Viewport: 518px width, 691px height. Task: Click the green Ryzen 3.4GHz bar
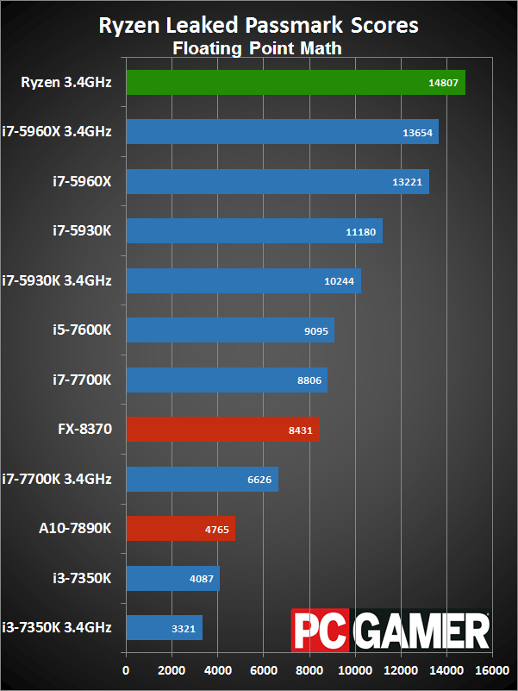(x=296, y=83)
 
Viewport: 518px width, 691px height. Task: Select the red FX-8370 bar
(x=222, y=429)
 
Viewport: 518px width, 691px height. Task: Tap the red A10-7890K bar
(x=180, y=528)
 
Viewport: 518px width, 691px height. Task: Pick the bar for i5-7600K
(x=229, y=330)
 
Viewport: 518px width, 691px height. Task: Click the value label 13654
(x=419, y=133)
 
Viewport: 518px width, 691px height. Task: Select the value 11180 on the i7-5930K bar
(x=363, y=231)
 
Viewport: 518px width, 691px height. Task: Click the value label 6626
(x=259, y=479)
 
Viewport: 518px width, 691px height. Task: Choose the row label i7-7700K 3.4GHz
(x=57, y=478)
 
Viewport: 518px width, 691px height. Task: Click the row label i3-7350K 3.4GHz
(x=57, y=626)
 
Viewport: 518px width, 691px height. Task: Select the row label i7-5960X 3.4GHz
(x=57, y=132)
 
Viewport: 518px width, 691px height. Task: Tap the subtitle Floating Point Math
(x=258, y=48)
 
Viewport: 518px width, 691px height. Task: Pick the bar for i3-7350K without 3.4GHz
(x=172, y=577)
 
